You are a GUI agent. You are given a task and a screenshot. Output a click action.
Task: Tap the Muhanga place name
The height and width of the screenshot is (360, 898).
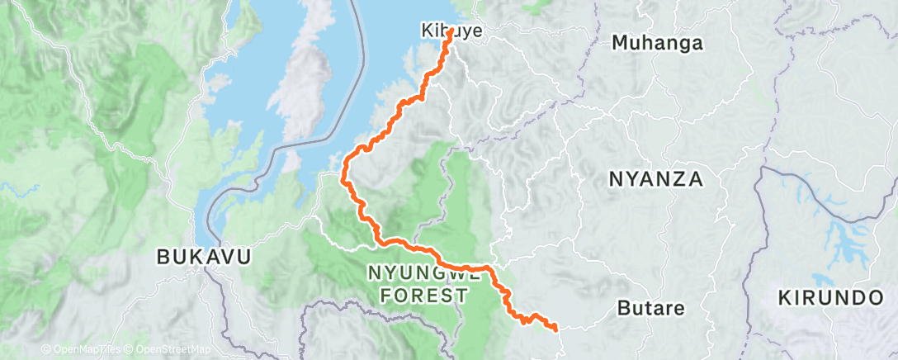pos(657,44)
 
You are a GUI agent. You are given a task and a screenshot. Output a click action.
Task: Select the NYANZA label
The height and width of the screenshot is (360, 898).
pos(655,178)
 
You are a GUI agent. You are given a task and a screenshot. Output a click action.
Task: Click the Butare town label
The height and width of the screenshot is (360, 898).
pos(651,309)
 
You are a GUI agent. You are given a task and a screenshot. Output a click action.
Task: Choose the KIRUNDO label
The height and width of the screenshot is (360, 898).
pos(829,298)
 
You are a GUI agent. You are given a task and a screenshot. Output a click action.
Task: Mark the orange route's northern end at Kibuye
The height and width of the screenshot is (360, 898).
pos(451,32)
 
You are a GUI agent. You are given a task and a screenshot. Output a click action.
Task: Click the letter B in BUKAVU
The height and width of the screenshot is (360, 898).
pos(163,257)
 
